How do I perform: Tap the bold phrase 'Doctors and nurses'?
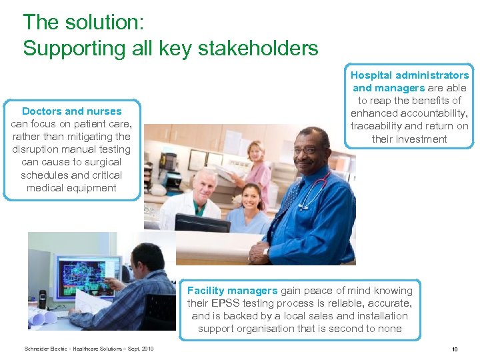(72, 111)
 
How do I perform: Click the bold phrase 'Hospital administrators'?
(409, 75)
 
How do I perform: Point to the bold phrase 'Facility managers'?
(232, 291)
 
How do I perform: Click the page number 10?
(454, 349)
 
